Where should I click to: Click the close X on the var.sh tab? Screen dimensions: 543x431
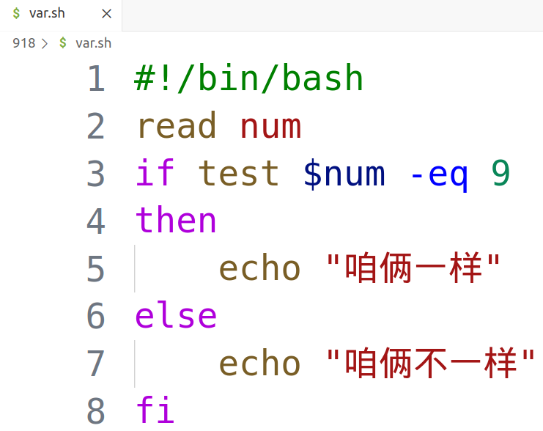107,14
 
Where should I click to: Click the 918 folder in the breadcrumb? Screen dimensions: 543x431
23,43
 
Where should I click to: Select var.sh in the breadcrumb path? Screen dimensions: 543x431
93,43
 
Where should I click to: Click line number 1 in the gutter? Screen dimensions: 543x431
96,79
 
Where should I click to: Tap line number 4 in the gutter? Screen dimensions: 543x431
96,221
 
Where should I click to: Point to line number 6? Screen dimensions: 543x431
96,316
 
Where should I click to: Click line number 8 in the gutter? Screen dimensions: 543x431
96,410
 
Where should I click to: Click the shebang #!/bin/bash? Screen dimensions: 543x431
249,79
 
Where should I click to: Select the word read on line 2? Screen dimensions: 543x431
176,127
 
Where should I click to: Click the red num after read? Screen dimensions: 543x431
270,127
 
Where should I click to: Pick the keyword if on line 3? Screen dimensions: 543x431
155,174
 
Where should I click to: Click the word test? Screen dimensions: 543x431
239,174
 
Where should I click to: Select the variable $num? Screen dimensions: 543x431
344,174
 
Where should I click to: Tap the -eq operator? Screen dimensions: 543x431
437,174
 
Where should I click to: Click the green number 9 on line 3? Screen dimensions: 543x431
500,174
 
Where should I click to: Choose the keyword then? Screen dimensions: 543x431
176,221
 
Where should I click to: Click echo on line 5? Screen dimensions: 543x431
260,269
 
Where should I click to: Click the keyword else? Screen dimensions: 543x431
176,316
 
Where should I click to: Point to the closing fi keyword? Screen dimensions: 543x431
155,410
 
